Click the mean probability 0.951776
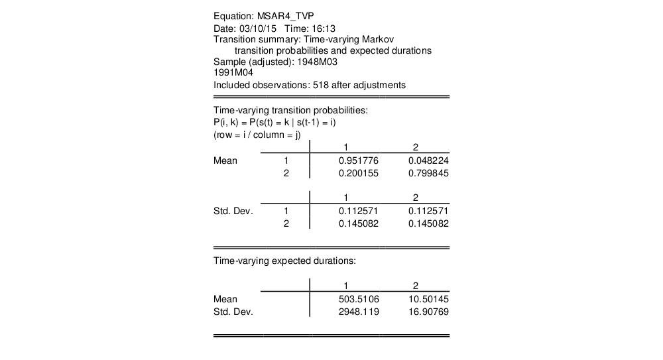359,160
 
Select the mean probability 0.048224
429,160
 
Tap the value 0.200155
359,173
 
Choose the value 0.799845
429,173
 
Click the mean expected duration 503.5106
359,299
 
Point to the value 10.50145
429,299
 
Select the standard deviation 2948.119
359,312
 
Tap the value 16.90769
429,312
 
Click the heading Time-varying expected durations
284,261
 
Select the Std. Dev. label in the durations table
233,312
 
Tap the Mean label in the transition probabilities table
225,160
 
